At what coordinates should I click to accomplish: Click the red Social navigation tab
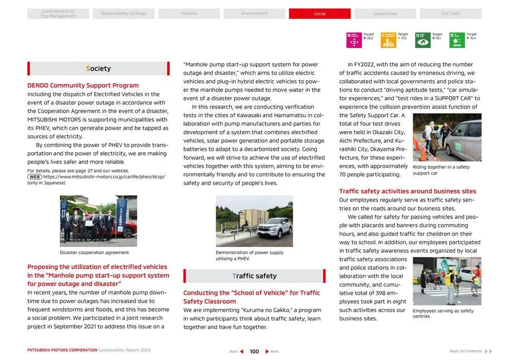319,14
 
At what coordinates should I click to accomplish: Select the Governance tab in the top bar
385,14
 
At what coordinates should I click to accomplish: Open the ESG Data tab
450,14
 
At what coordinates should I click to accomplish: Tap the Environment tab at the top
254,14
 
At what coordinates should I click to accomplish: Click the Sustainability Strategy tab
123,14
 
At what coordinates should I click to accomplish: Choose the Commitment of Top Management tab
58,14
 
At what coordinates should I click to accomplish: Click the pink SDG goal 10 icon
354,40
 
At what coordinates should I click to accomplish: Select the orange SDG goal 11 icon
388,40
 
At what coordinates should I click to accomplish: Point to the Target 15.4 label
471,36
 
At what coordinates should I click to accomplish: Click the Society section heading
98,68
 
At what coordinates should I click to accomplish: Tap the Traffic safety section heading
254,276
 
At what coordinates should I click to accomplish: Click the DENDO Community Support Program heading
83,85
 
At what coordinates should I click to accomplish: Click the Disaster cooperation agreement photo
98,221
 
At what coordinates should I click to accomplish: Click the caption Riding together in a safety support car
441,170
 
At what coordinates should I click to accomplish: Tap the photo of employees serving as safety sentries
447,281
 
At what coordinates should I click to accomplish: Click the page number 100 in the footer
254,351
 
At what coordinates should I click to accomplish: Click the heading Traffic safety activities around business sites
407,191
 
